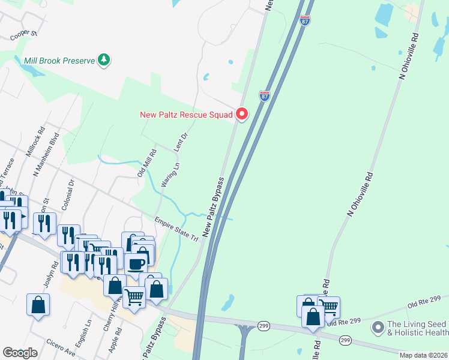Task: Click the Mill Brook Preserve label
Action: coord(60,61)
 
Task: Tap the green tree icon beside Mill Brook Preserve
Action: coord(105,59)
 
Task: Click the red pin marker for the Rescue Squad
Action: coord(242,113)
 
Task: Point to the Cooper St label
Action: coord(24,35)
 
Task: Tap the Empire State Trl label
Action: coord(176,229)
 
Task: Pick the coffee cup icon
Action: coord(136,263)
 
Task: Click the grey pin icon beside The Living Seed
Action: coord(378,328)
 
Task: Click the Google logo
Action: coord(20,353)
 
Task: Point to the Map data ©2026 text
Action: coord(423,355)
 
